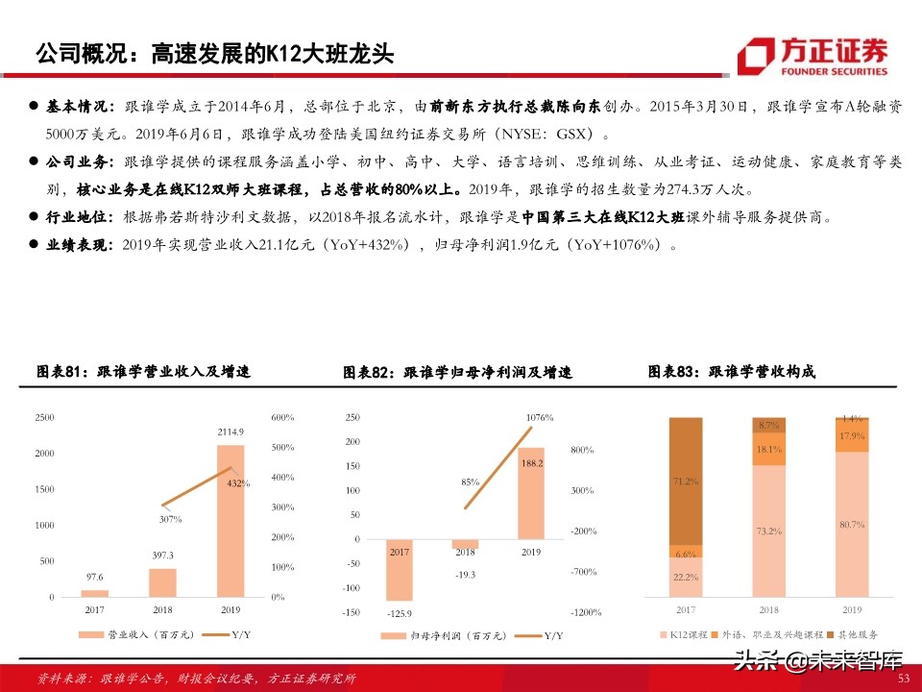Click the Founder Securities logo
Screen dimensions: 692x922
click(x=813, y=57)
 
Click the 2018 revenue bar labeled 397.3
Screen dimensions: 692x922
click(x=162, y=582)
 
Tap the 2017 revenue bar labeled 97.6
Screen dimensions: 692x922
click(x=94, y=593)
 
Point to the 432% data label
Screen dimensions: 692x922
click(x=238, y=483)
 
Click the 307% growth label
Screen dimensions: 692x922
click(x=169, y=519)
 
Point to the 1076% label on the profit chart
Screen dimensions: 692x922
click(x=539, y=417)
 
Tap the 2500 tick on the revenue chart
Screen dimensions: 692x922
click(x=44, y=417)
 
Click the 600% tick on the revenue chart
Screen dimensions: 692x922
click(x=282, y=417)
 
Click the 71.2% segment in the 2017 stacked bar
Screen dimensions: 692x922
click(x=686, y=481)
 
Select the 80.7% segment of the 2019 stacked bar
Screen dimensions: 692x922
click(x=851, y=524)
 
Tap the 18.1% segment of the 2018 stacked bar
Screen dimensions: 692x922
click(x=768, y=448)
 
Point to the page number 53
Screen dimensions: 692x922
click(x=903, y=679)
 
